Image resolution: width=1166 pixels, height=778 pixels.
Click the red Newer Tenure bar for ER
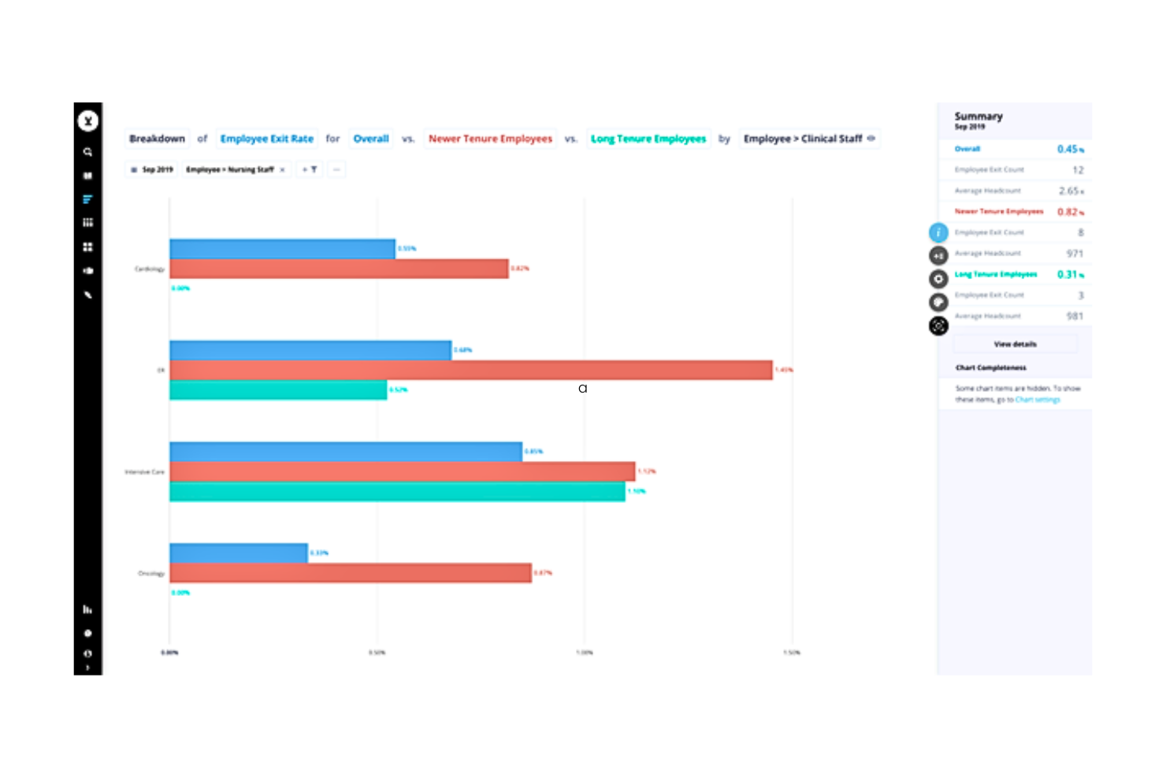(470, 370)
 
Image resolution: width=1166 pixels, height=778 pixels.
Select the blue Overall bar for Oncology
(238, 553)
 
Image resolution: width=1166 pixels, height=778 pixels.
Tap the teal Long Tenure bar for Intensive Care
(397, 492)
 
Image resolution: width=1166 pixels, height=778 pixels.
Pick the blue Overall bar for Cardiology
(282, 248)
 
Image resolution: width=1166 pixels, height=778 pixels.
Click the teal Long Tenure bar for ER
(278, 390)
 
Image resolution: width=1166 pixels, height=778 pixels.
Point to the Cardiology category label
(149, 269)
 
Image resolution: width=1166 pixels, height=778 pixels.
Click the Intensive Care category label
(144, 472)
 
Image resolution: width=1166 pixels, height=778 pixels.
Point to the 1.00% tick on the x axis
(584, 653)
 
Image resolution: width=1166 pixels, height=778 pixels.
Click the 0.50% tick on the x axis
(377, 653)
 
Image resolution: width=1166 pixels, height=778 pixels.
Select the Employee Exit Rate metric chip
(266, 139)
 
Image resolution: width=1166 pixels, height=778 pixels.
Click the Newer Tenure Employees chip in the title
(490, 139)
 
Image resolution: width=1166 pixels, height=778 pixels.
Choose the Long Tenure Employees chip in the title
(648, 139)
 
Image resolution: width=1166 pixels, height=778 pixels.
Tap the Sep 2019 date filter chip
(152, 169)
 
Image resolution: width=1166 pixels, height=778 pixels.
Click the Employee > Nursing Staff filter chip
(230, 169)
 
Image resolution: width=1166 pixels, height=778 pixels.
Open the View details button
(1015, 344)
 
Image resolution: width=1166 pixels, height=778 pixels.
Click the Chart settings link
(1038, 400)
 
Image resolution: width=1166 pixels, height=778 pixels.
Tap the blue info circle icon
(938, 233)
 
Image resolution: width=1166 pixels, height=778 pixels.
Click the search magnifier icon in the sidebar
(87, 152)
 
